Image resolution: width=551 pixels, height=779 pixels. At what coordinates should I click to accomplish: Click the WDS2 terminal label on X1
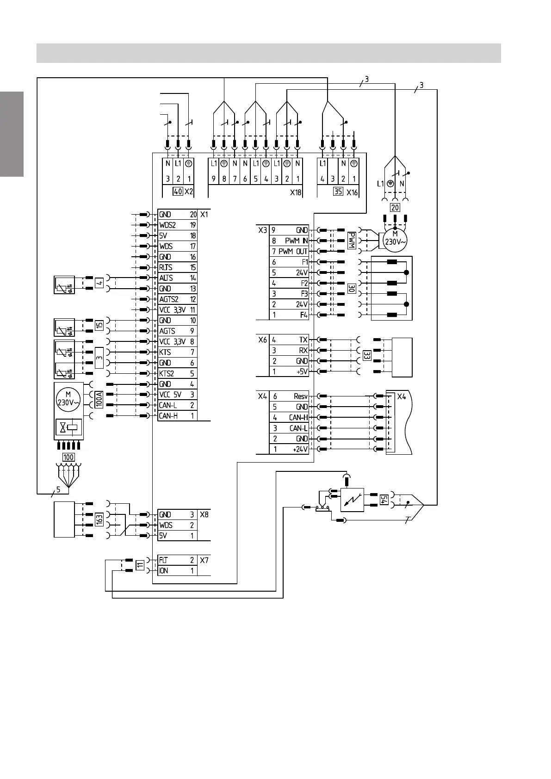coord(167,225)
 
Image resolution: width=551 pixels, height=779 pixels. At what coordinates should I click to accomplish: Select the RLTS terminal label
coord(166,267)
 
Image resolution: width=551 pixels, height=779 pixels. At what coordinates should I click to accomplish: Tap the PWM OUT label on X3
coord(293,251)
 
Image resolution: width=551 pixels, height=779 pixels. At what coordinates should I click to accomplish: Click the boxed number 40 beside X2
coord(178,191)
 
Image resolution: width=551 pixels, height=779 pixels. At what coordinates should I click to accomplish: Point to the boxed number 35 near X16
coord(338,191)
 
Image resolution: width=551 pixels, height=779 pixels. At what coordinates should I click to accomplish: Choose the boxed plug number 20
coord(395,208)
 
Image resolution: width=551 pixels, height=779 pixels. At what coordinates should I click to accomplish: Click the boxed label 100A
coord(99,399)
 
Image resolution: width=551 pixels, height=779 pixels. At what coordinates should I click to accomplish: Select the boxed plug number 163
coord(99,519)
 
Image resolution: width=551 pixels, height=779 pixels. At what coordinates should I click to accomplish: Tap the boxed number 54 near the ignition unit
coord(384,500)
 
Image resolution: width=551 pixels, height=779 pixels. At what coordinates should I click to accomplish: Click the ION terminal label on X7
coord(164,571)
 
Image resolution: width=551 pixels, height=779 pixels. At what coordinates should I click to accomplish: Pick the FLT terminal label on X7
coord(163,560)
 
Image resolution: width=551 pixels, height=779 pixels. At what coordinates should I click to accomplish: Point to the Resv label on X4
coord(301,396)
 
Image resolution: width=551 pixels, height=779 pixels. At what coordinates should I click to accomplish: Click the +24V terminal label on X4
coord(300,449)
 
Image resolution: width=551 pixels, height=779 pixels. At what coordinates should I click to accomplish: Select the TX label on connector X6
coord(303,340)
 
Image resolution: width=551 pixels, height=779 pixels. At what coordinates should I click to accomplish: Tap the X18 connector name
coord(296,192)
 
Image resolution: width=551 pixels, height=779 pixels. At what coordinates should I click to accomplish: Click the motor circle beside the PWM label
coord(395,239)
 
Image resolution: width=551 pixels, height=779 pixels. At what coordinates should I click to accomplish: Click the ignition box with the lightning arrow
coord(352,500)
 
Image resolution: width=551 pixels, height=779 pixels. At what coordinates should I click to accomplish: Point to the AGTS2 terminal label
coord(169,299)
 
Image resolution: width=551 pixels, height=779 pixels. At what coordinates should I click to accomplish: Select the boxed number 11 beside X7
coord(140,565)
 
